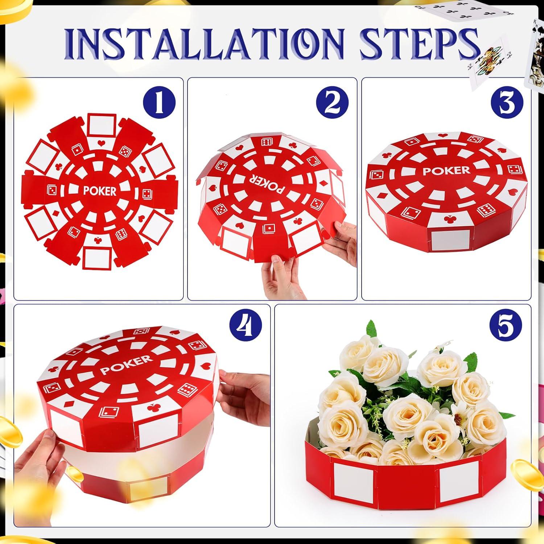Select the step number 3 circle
coord(507,103)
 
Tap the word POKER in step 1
coord(100,191)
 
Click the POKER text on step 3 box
coord(446,170)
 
